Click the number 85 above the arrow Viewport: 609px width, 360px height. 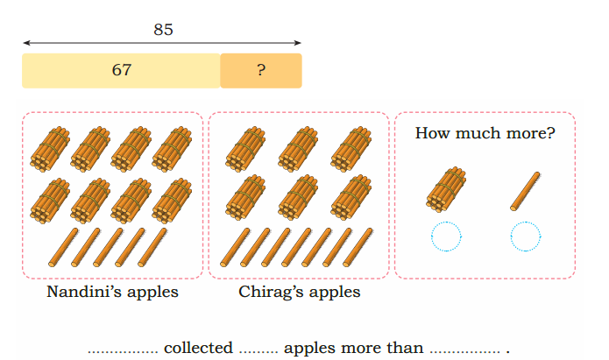coord(163,30)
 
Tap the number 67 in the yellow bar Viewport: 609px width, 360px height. coord(122,70)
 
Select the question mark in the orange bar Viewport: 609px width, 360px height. coord(261,70)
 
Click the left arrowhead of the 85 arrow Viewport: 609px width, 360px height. coord(25,42)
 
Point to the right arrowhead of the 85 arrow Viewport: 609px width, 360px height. coord(298,42)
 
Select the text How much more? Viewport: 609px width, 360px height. coord(485,133)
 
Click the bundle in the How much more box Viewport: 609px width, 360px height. coord(446,189)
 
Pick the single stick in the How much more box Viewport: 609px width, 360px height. coord(525,191)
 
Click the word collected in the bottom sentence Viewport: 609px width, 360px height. coord(198,348)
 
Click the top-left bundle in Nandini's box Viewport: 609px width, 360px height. coord(50,149)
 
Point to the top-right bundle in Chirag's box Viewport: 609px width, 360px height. coord(351,149)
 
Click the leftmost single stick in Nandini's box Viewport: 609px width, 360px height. coord(63,247)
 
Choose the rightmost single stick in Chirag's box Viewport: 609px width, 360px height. coord(358,247)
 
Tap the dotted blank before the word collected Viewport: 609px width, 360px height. coord(123,352)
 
